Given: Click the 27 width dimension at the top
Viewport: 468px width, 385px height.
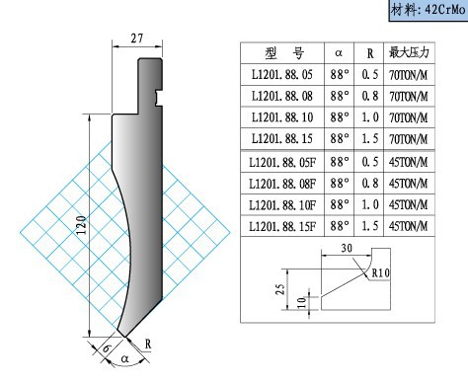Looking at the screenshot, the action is click(137, 38).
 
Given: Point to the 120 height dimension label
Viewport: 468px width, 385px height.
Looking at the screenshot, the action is click(81, 225).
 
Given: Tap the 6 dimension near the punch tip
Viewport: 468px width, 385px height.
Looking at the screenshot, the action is click(106, 348).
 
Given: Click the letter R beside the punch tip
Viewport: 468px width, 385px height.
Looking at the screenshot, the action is click(148, 345).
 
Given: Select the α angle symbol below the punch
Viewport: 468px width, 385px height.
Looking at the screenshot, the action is click(124, 358).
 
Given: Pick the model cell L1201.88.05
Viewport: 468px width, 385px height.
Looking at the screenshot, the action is click(282, 75).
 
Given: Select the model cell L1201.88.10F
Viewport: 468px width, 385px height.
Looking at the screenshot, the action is click(282, 205).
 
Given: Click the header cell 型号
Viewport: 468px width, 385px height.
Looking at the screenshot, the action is click(284, 52).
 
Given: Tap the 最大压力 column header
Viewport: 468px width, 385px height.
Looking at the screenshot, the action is click(409, 52).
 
